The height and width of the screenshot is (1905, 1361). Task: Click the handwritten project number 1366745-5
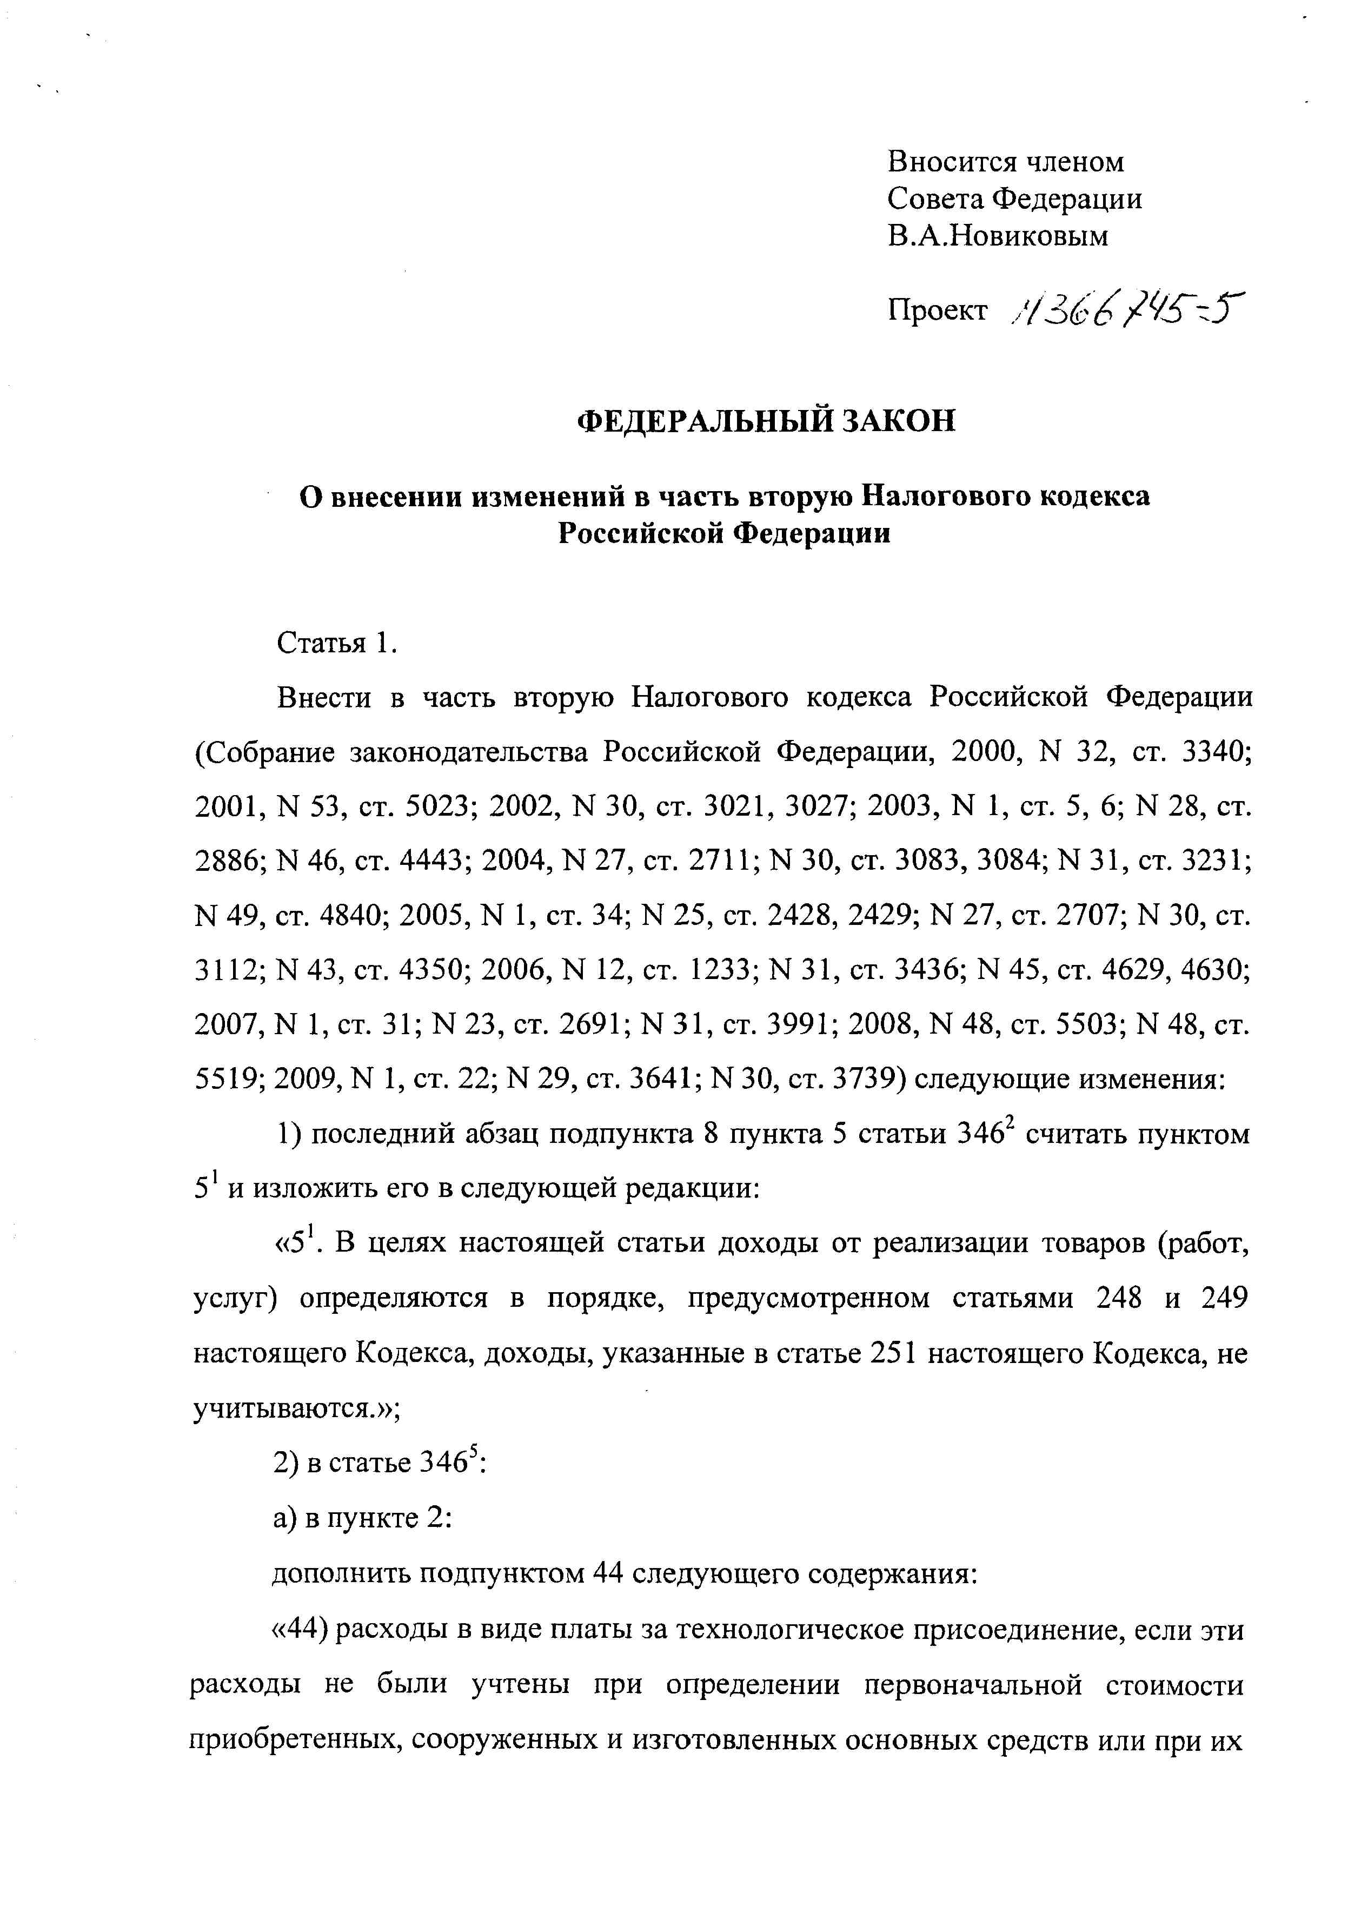1127,312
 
